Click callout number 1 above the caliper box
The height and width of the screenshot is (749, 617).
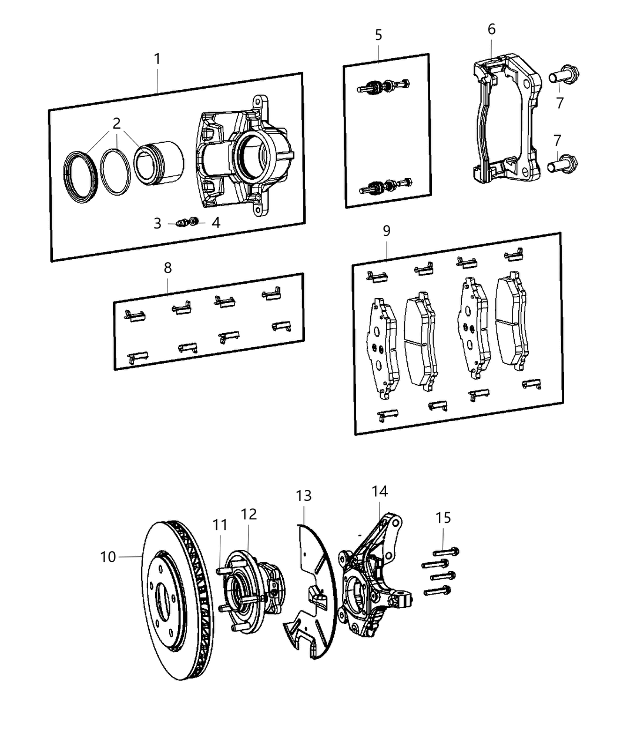[157, 59]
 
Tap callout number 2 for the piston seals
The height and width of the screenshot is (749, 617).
[116, 123]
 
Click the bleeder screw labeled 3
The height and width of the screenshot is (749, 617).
[183, 223]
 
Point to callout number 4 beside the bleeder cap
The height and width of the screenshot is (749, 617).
[216, 223]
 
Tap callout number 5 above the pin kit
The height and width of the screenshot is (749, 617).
[378, 35]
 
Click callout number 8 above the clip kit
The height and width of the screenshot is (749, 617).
[167, 268]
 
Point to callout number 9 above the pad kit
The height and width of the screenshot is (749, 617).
[386, 231]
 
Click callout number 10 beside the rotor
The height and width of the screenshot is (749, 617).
[108, 556]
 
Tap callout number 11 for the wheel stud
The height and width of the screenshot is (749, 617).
[219, 525]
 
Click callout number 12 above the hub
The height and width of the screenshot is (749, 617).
[249, 514]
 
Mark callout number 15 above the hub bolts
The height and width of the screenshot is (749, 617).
[444, 518]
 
